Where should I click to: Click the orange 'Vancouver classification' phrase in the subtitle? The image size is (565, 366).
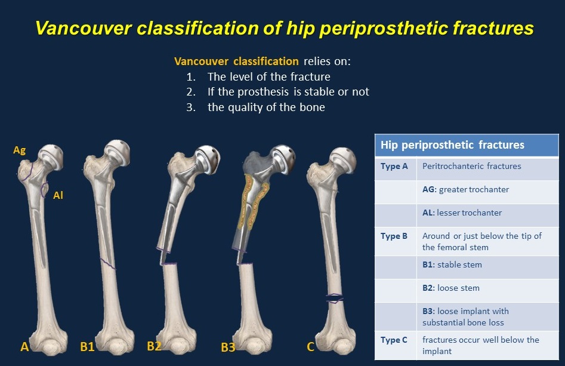(236, 61)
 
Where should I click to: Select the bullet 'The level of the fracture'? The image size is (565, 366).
(268, 76)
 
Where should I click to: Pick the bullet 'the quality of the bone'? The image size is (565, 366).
(266, 107)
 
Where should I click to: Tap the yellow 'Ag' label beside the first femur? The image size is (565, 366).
(19, 150)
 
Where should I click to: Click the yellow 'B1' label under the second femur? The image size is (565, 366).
(88, 346)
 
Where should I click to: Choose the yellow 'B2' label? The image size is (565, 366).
(154, 346)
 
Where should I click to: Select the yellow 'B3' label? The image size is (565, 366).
(227, 347)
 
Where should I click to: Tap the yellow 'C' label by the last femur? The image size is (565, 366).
(310, 346)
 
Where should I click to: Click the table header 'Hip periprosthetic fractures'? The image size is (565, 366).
(452, 144)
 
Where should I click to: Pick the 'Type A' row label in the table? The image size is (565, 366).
(394, 166)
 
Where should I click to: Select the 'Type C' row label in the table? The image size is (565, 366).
(394, 340)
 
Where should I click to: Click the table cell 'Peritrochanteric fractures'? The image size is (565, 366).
(471, 166)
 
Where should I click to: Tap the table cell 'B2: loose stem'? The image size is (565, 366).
(450, 288)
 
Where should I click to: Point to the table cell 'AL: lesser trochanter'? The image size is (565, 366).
(462, 213)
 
